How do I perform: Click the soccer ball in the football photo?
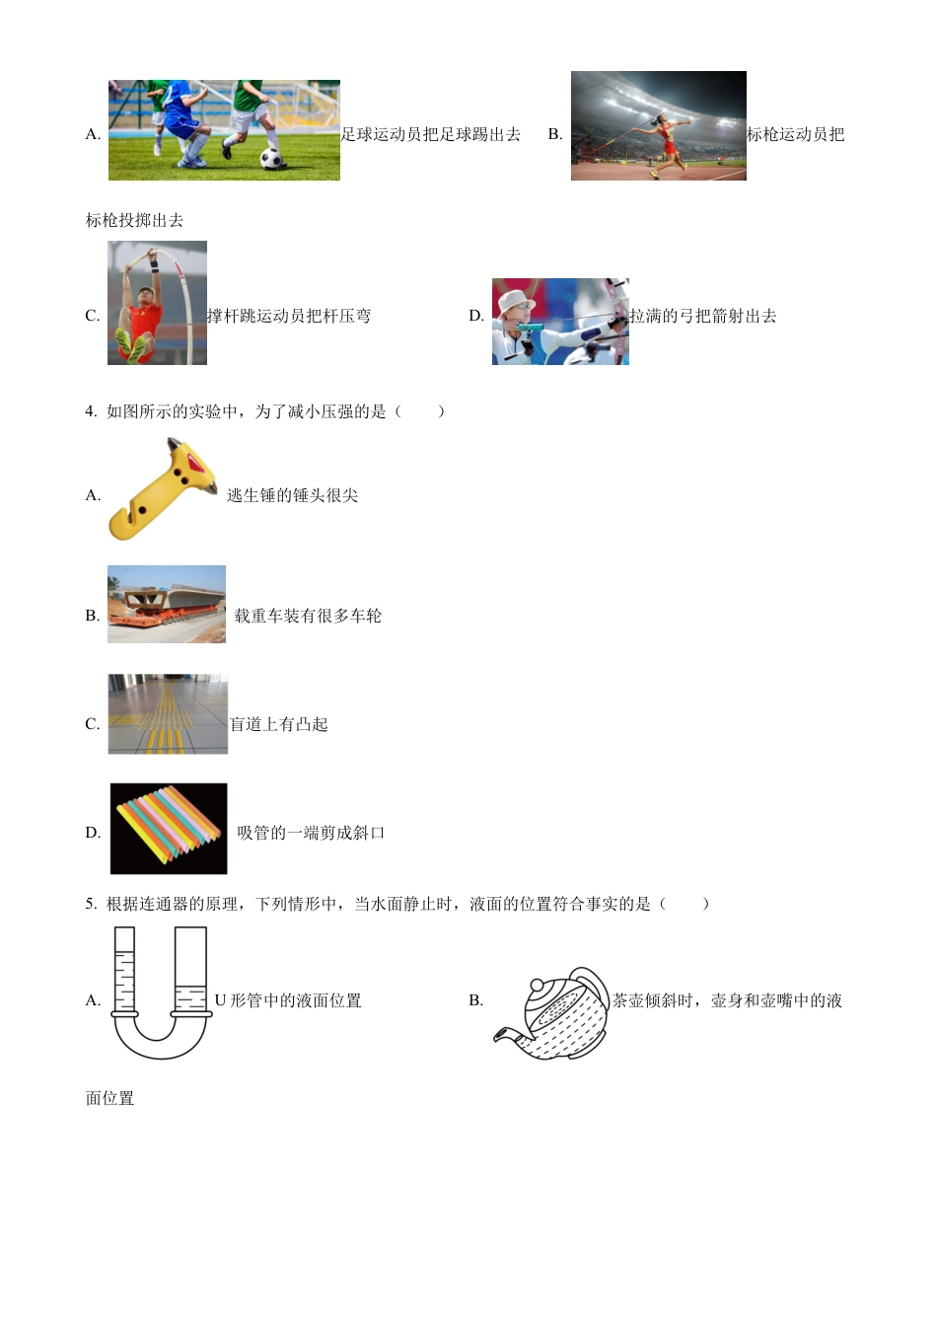click(272, 159)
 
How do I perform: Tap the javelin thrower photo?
click(658, 125)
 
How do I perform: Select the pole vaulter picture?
click(157, 303)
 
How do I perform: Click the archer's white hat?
click(515, 300)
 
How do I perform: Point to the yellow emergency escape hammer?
click(163, 490)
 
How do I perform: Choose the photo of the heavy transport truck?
click(167, 604)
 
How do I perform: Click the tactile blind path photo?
click(168, 714)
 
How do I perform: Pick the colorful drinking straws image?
click(169, 829)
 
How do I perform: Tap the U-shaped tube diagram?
click(160, 993)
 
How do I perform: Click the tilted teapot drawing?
click(555, 1013)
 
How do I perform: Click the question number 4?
click(90, 411)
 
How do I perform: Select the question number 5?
click(90, 904)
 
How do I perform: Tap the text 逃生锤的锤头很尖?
click(292, 495)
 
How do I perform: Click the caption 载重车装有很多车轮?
click(308, 616)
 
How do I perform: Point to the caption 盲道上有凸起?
click(278, 724)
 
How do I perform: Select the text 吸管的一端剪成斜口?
click(311, 833)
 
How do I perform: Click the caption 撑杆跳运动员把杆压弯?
click(289, 316)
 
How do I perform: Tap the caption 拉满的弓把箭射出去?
click(703, 316)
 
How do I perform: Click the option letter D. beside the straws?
click(93, 833)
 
